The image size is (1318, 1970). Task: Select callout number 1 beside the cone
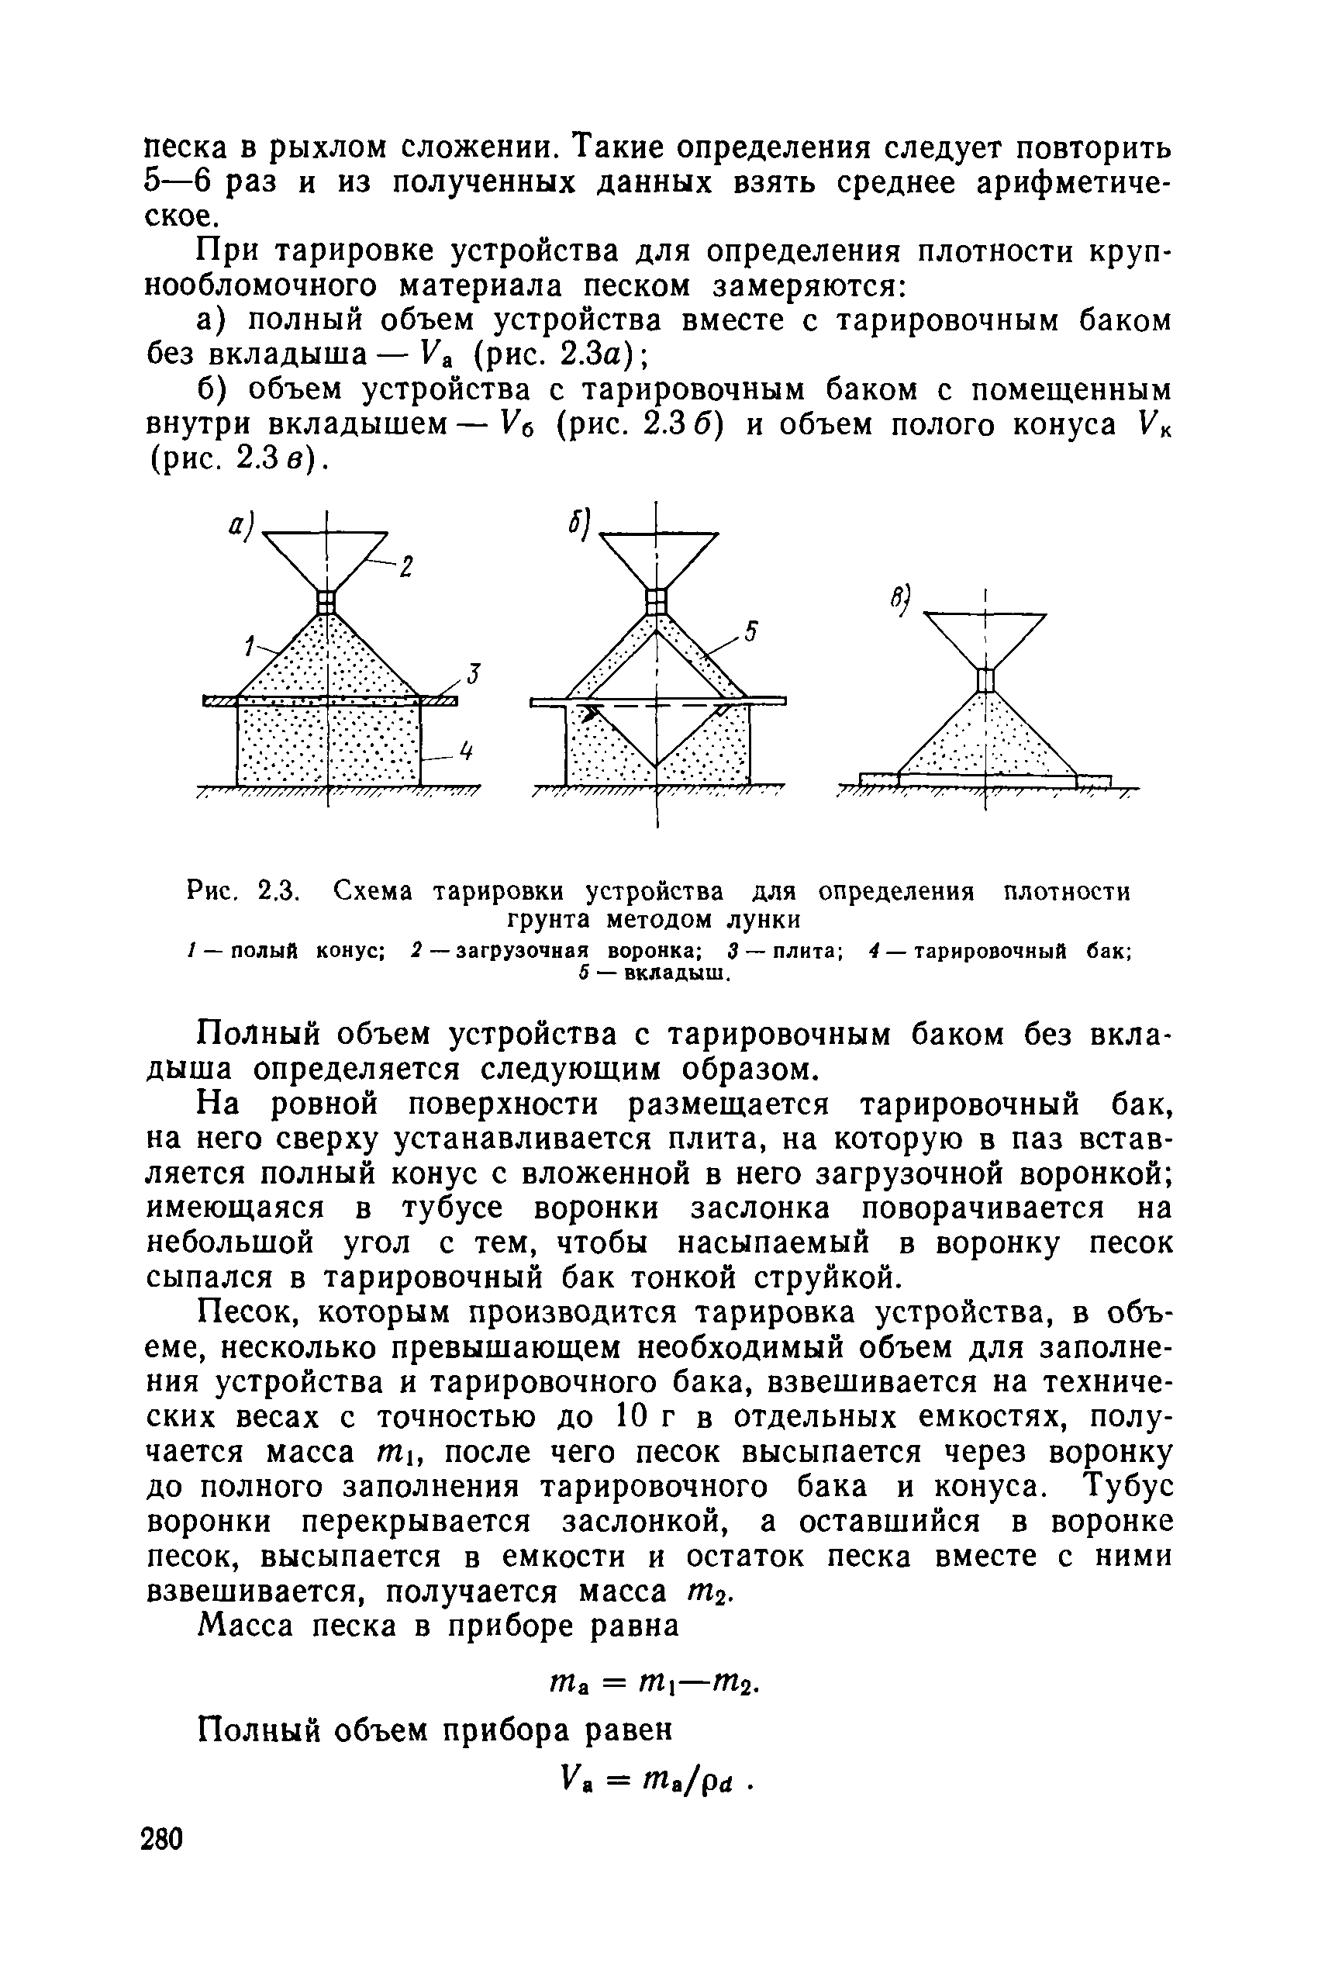[249, 646]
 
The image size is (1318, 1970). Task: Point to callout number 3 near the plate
[473, 673]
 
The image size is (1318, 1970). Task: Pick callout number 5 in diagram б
[750, 631]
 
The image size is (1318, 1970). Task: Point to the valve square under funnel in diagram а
[326, 602]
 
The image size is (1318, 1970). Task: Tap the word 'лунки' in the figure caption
[763, 919]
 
